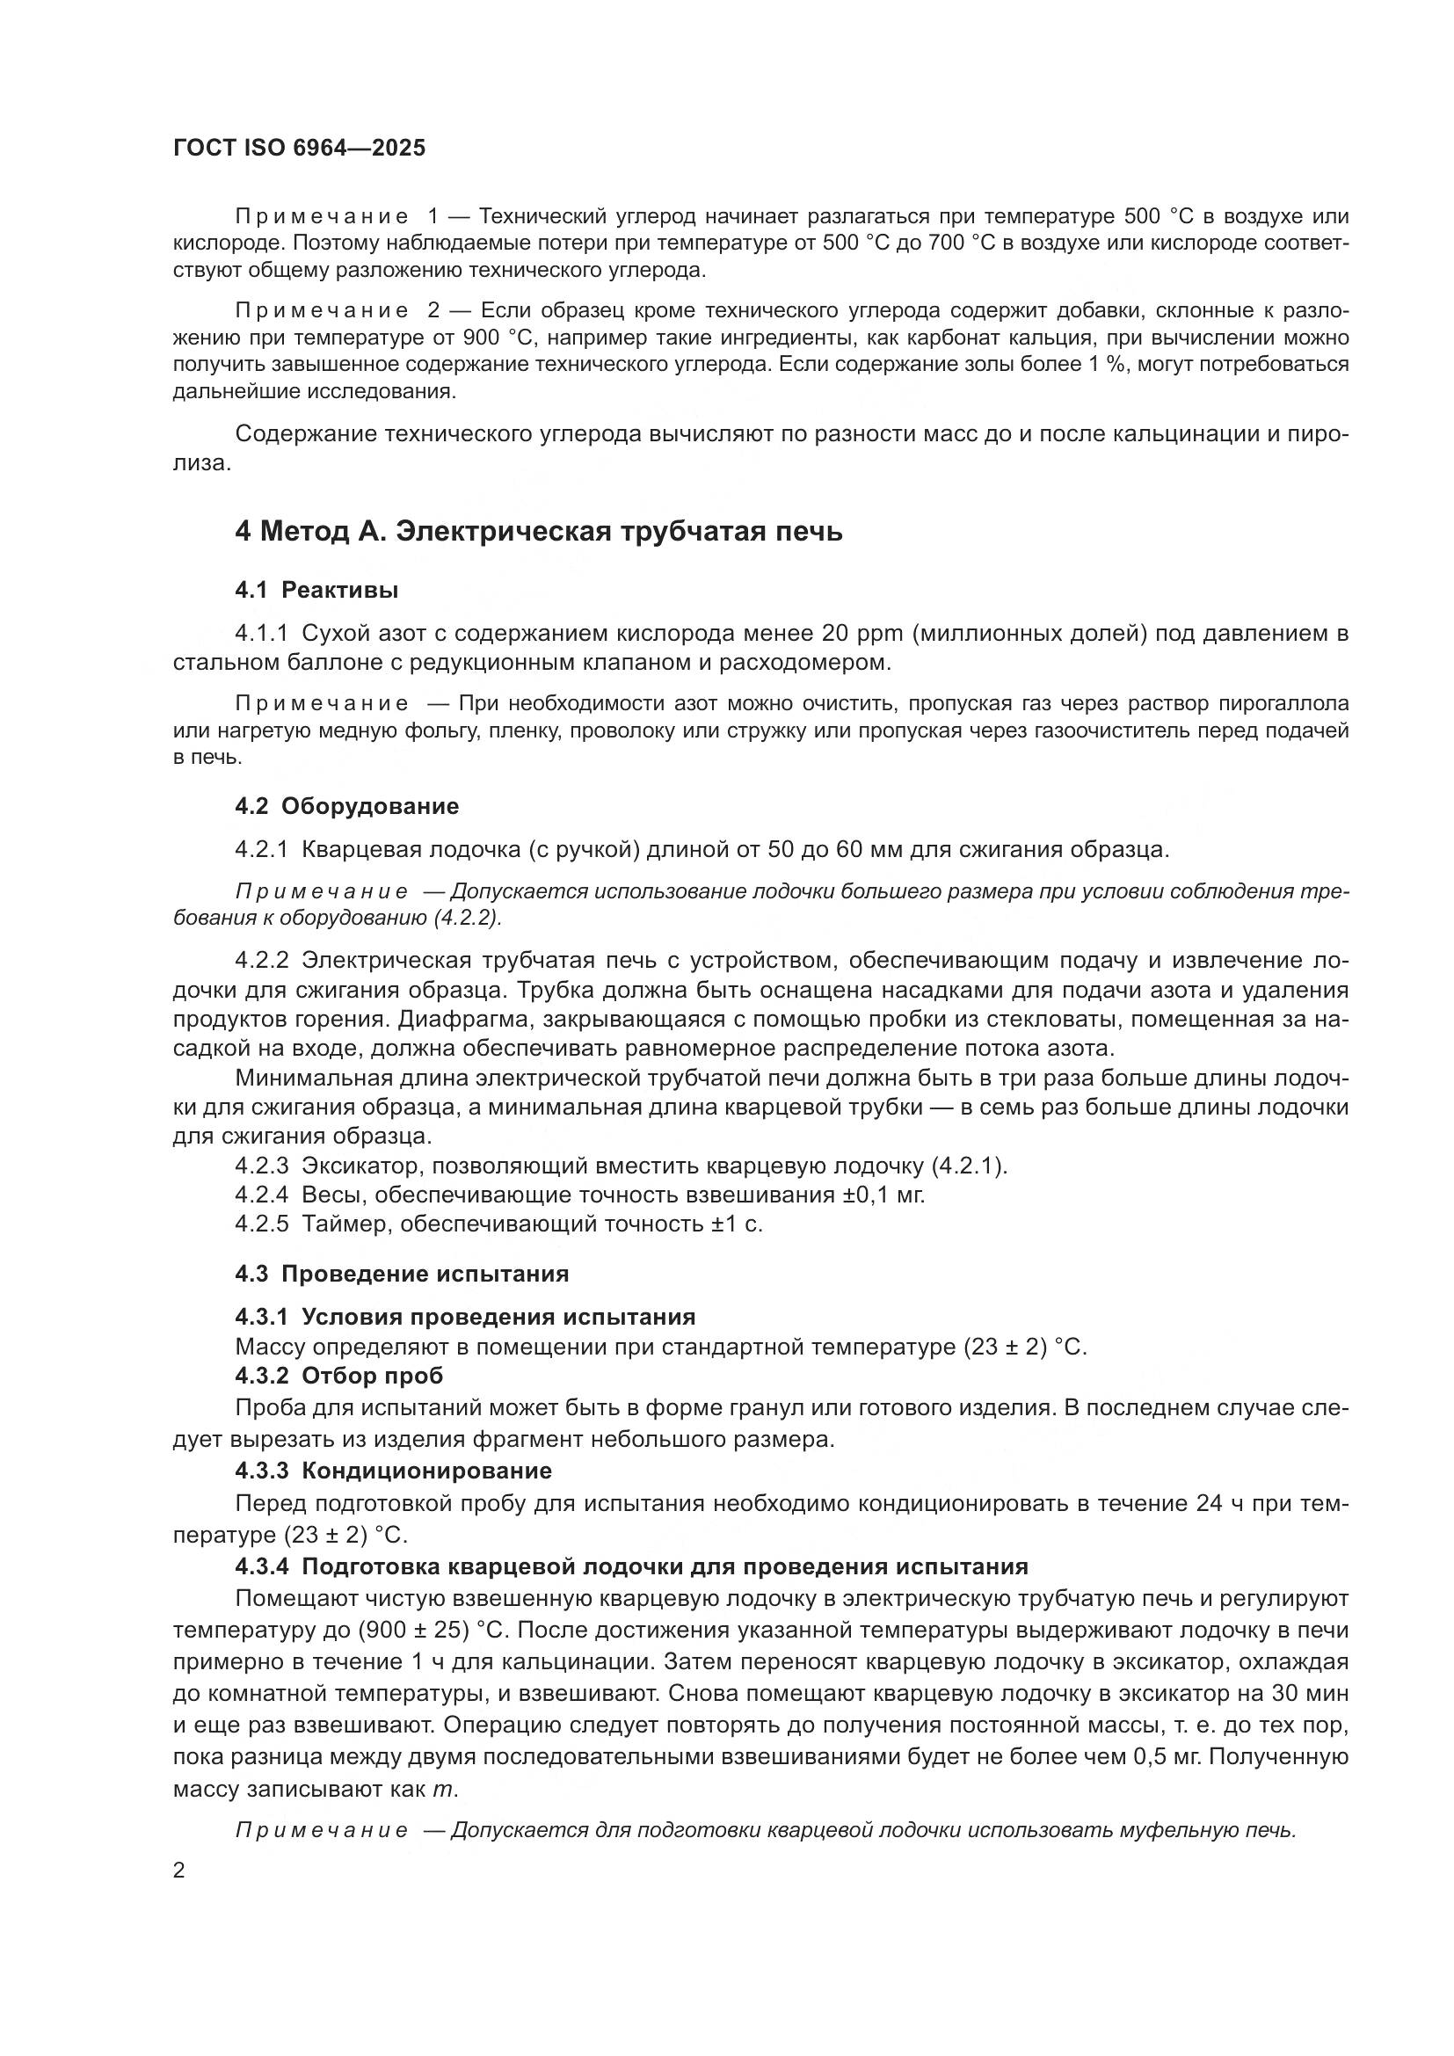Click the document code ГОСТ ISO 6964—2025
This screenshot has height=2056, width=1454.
point(299,149)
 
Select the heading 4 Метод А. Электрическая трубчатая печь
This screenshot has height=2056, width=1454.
point(538,532)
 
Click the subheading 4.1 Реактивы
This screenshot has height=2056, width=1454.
point(317,590)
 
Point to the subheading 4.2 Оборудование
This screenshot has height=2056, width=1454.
point(346,806)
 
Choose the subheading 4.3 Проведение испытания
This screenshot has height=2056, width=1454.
point(402,1274)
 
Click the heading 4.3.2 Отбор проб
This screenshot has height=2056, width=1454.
point(339,1376)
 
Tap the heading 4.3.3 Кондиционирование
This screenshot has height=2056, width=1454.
point(393,1471)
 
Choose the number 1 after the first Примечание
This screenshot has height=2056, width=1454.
point(433,217)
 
